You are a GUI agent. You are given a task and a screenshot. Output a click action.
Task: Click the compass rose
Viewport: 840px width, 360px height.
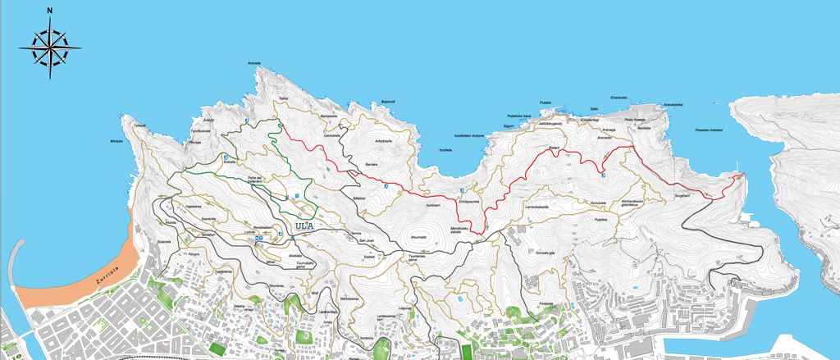point(50,48)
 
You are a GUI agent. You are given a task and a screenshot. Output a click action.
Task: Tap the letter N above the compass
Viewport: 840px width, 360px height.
point(50,11)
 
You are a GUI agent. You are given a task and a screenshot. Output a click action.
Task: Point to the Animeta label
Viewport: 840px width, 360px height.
point(254,63)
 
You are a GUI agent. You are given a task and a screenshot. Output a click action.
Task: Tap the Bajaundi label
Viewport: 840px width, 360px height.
point(388,102)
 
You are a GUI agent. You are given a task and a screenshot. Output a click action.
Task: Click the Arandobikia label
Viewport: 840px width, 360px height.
point(673,104)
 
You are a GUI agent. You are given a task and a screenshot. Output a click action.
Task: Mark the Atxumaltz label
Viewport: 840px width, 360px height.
point(418,237)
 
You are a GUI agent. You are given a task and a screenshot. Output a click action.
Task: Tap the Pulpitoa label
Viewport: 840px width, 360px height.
point(601,220)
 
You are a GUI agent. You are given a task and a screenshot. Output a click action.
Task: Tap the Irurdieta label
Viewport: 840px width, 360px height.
point(445,149)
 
